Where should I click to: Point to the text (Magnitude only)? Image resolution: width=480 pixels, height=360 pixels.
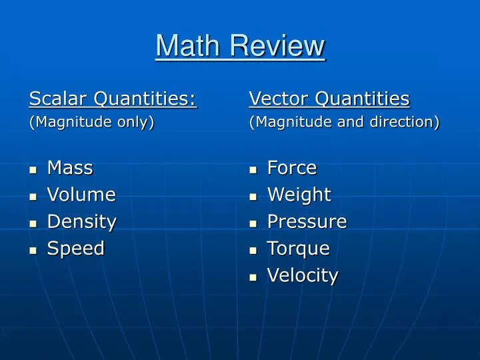(92, 122)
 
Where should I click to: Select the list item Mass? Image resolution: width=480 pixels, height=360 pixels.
(70, 168)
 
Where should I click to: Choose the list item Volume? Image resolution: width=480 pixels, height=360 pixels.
(81, 195)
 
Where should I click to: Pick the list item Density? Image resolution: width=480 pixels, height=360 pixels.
(81, 221)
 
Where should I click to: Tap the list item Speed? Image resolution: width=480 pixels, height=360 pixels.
(76, 248)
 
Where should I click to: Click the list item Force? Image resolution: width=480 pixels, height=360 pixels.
(292, 168)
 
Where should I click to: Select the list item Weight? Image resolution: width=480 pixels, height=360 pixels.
(299, 195)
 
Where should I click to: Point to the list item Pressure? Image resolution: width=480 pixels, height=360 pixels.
(307, 221)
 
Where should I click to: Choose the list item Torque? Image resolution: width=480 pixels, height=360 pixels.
(299, 248)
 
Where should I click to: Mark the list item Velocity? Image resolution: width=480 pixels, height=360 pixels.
(303, 275)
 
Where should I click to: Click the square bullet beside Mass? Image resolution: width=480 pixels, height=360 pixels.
(33, 170)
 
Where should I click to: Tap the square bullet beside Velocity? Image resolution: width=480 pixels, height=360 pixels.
(253, 277)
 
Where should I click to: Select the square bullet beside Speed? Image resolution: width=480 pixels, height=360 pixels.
(33, 250)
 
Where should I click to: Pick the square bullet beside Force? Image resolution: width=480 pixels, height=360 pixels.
(253, 170)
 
